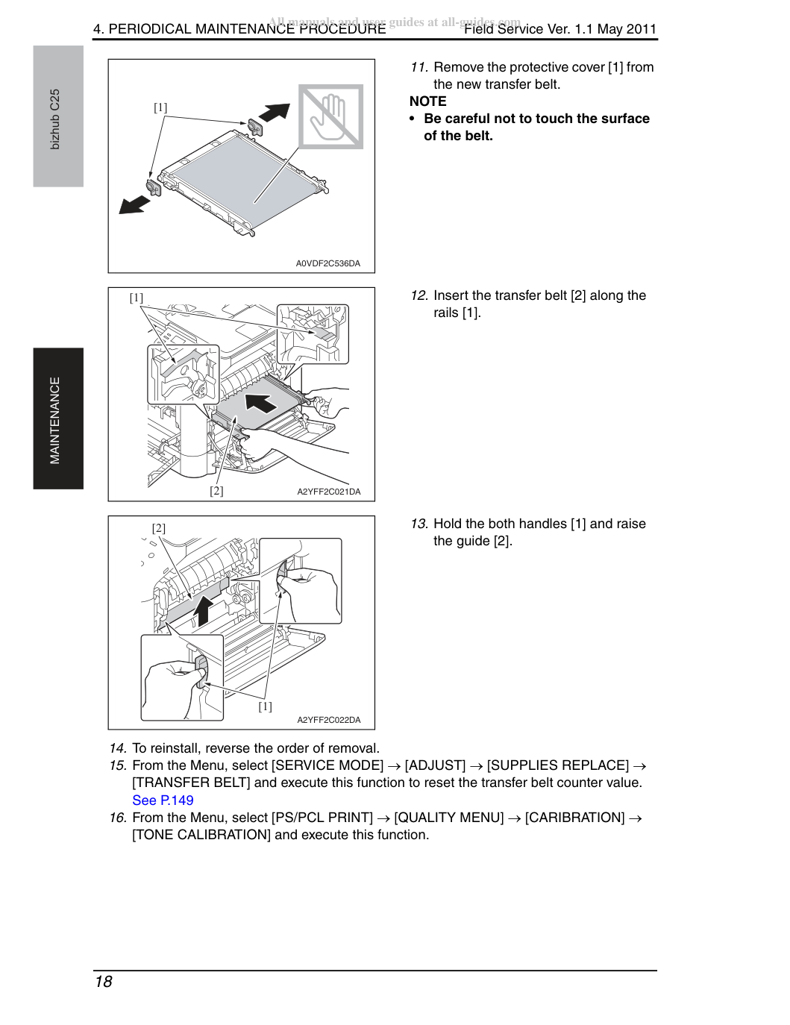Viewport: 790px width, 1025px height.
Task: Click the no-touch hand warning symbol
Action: (x=330, y=116)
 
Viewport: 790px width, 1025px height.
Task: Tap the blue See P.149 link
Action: (x=163, y=800)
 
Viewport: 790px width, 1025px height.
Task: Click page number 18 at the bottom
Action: (x=104, y=982)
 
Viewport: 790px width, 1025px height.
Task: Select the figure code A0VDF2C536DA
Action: (x=327, y=263)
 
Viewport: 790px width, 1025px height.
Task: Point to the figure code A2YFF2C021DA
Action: (x=329, y=492)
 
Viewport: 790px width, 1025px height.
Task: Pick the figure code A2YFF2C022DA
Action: (x=329, y=720)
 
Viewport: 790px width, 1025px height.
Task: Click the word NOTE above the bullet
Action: (x=427, y=101)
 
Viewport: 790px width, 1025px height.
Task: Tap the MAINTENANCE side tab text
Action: (x=55, y=420)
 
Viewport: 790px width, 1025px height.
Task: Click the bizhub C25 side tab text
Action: (x=55, y=119)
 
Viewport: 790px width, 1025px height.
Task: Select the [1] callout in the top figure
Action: (x=160, y=107)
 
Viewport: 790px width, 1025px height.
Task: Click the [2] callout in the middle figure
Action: (x=216, y=491)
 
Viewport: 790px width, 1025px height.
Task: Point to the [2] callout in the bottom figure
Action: (x=158, y=528)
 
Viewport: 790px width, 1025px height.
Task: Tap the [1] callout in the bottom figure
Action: (x=265, y=706)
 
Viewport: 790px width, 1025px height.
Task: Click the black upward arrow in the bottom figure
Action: (x=203, y=611)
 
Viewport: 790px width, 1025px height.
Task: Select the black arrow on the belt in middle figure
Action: (x=261, y=404)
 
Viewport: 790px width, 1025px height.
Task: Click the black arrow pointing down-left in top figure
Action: (x=134, y=204)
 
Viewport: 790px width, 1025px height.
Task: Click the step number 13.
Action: (x=418, y=524)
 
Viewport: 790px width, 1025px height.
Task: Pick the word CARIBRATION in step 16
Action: (x=574, y=818)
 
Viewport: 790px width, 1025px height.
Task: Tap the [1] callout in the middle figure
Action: (x=137, y=298)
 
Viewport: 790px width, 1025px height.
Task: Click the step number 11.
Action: (x=418, y=67)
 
